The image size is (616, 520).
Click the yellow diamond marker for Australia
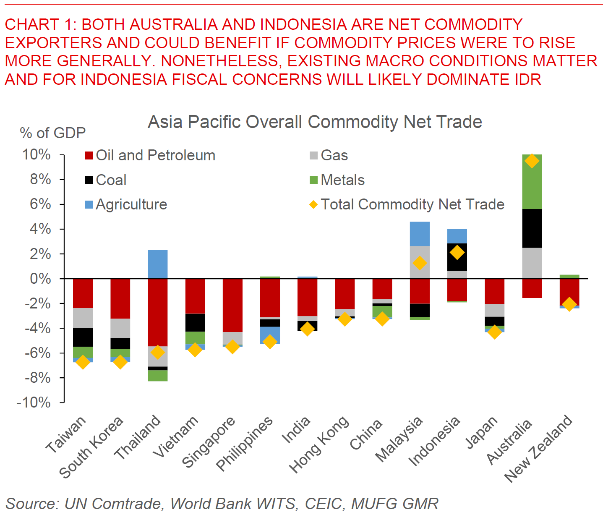click(532, 161)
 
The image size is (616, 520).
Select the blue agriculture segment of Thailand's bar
click(158, 264)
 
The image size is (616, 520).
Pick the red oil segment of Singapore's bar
click(232, 305)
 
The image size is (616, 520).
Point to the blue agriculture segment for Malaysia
click(420, 234)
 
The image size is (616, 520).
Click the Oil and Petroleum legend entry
click(150, 156)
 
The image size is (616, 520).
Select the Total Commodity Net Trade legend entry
click(407, 204)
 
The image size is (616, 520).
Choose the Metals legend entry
click(337, 180)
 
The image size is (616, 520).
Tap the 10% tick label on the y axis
click(37, 155)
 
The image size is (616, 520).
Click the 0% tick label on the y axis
click(40, 279)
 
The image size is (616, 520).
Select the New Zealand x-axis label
click(538, 448)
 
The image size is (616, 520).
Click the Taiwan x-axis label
click(65, 434)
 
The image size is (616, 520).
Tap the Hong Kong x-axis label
click(319, 444)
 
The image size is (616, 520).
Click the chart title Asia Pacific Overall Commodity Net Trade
click(315, 122)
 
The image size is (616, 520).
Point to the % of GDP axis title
click(53, 133)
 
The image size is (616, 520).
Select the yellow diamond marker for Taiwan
click(83, 362)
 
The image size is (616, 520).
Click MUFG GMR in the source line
click(394, 504)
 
